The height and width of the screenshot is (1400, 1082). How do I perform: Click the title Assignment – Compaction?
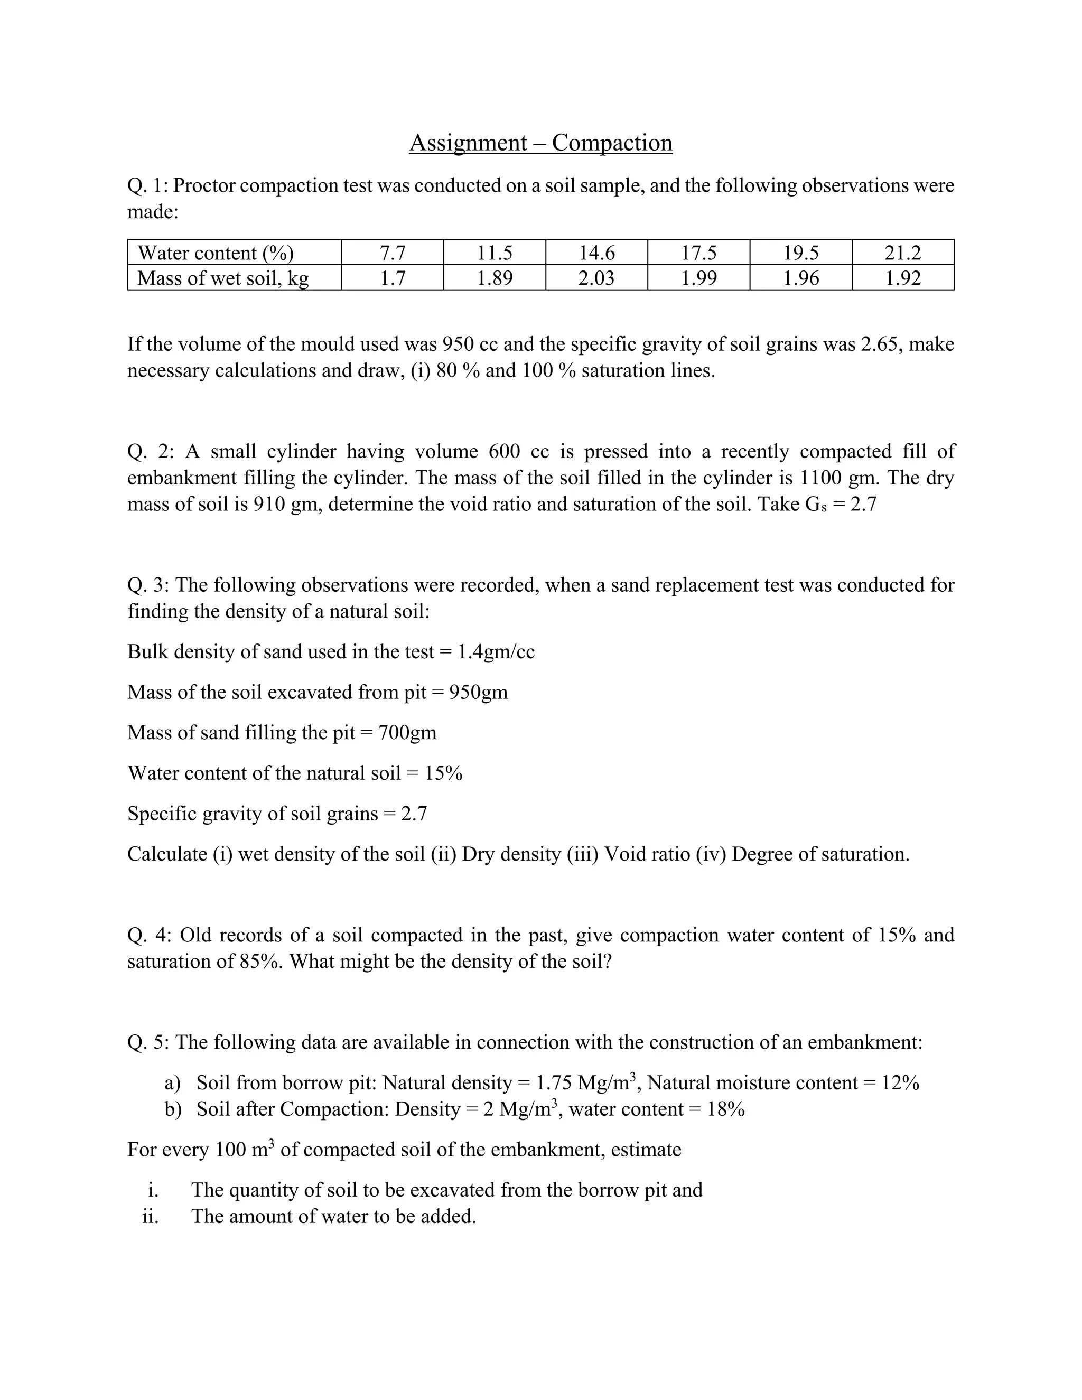540,142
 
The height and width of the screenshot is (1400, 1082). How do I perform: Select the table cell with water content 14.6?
597,253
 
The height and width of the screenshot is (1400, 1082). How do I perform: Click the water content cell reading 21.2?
902,253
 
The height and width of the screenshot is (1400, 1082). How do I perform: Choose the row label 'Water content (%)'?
216,253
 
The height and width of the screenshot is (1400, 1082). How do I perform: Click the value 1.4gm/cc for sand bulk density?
496,652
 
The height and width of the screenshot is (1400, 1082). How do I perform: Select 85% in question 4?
261,962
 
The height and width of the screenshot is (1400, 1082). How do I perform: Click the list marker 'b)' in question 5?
173,1109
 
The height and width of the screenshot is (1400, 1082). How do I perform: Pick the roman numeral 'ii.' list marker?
151,1216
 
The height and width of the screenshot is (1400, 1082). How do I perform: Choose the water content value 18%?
725,1109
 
